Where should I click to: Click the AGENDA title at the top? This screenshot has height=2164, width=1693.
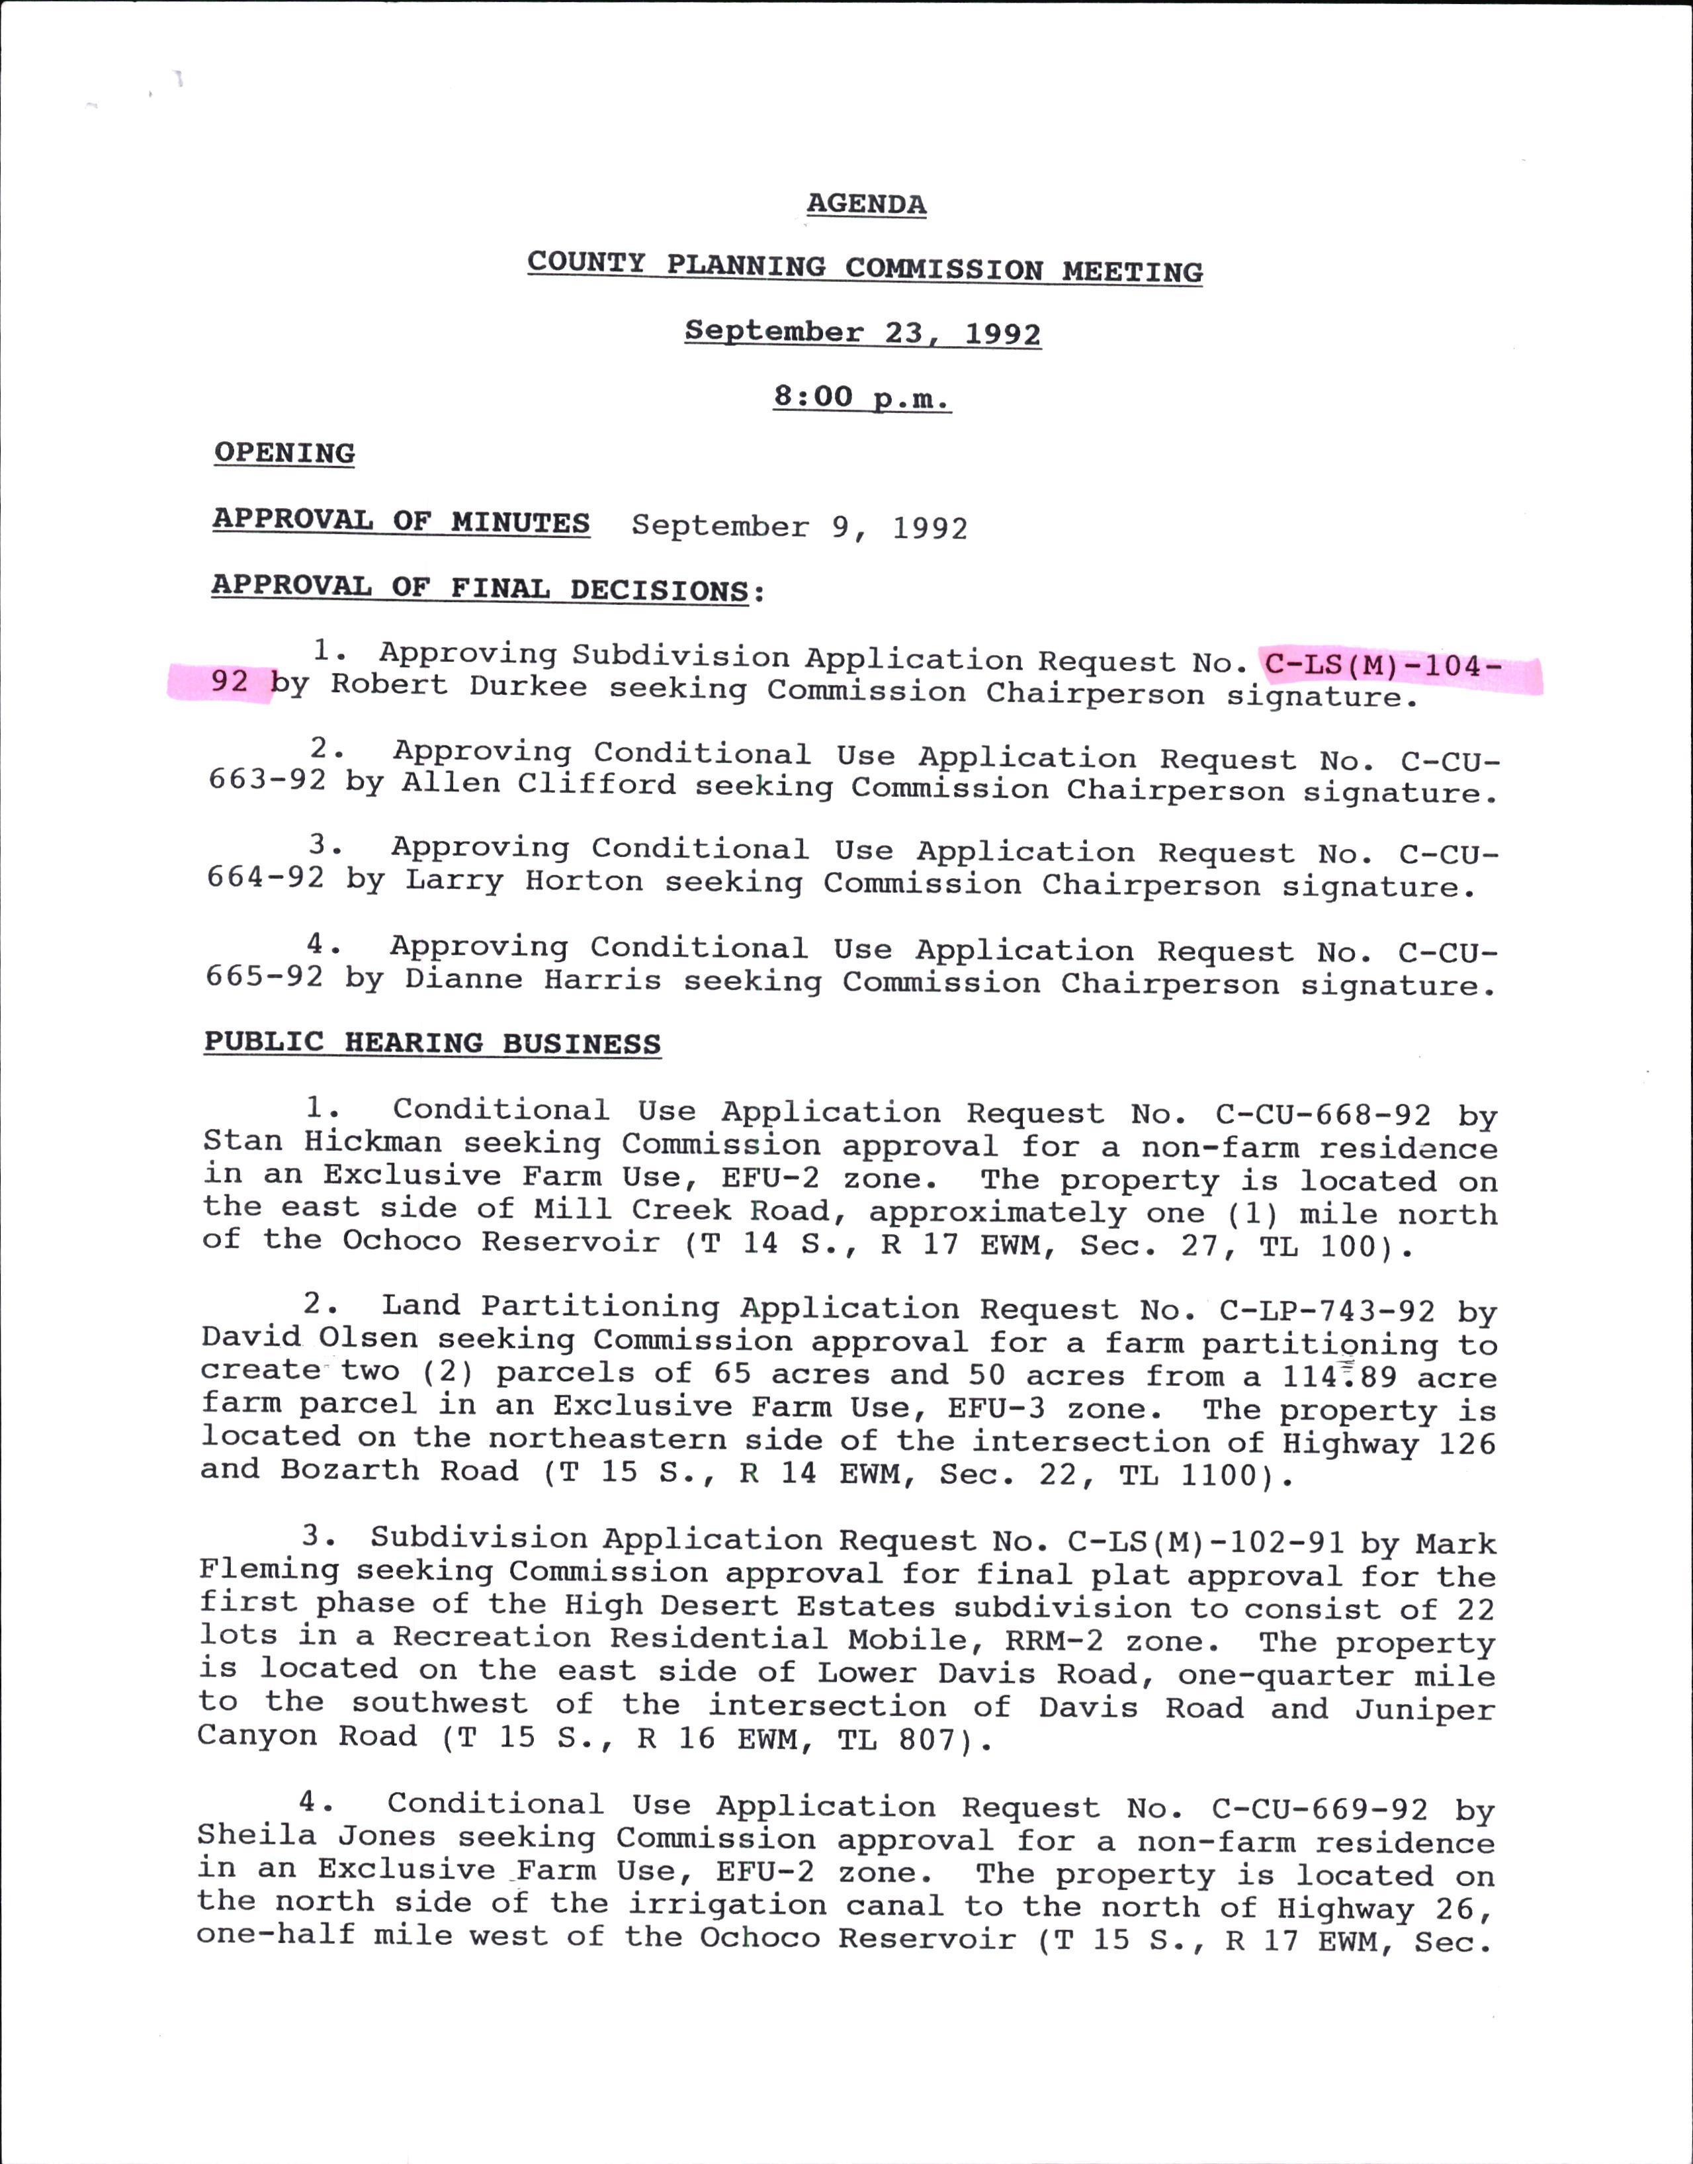click(865, 204)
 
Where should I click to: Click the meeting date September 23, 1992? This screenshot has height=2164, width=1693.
click(862, 332)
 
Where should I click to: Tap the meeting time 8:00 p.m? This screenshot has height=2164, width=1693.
click(861, 398)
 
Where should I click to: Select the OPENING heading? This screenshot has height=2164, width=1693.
click(284, 453)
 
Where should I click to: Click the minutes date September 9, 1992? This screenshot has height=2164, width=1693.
click(799, 526)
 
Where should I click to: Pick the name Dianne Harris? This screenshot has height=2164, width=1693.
click(533, 980)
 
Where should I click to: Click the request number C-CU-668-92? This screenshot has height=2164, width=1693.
click(1323, 1115)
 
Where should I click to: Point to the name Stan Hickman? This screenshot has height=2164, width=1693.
click(322, 1142)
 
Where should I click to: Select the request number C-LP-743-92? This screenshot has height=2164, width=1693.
click(1326, 1312)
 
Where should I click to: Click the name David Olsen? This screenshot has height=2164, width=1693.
click(308, 1338)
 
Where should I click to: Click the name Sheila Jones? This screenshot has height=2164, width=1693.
click(315, 1836)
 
